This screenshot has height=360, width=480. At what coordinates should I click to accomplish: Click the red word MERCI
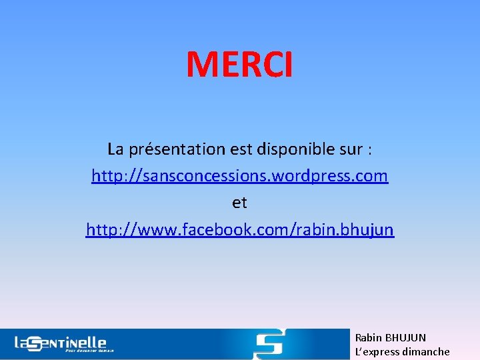click(x=239, y=65)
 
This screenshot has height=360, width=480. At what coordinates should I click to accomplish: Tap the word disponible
click(x=302, y=149)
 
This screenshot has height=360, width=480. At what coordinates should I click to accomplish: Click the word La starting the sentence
click(x=115, y=149)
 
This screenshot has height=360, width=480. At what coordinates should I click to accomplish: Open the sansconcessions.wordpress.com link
click(x=239, y=176)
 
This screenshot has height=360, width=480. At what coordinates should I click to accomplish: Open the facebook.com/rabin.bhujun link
click(x=239, y=230)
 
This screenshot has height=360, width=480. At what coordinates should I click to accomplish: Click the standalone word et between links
click(x=239, y=203)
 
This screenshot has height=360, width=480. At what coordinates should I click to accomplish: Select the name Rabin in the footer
click(x=368, y=338)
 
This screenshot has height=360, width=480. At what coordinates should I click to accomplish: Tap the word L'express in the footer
click(x=378, y=351)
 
